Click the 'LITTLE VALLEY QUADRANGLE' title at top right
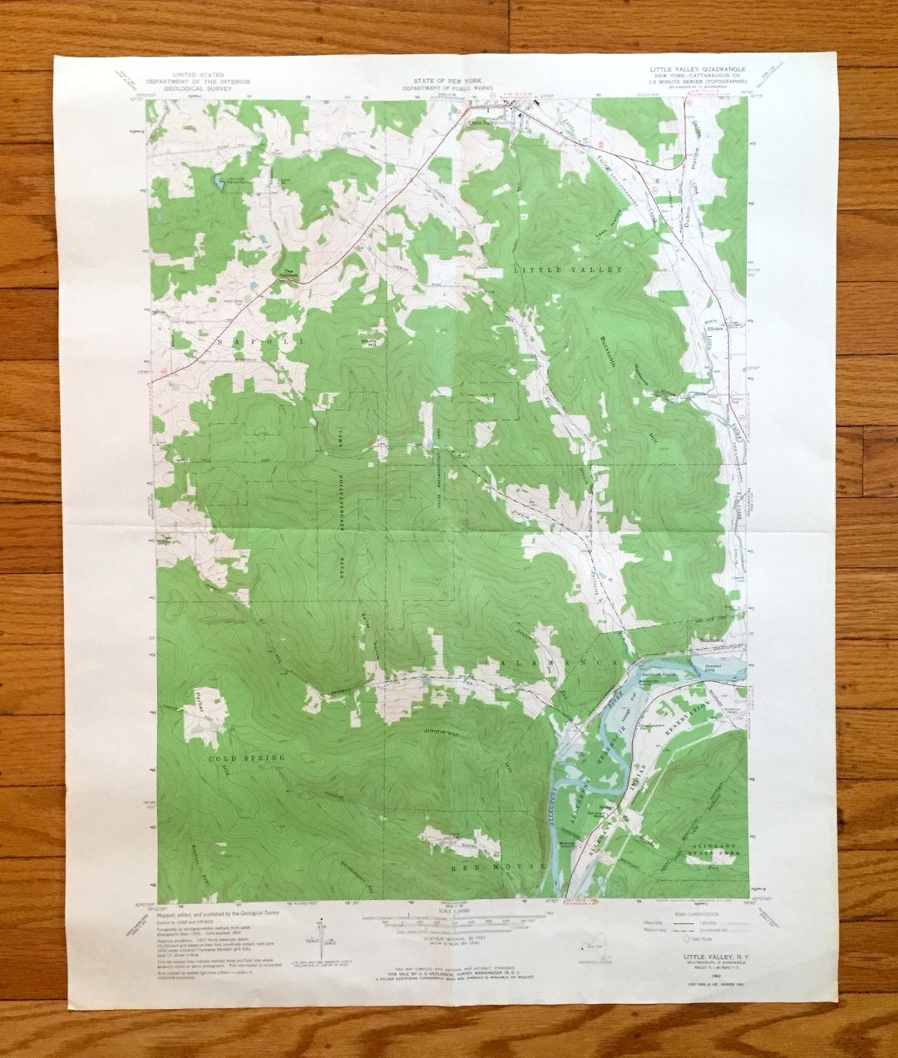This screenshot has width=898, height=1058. click(x=697, y=69)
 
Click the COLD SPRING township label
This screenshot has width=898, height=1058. click(x=247, y=758)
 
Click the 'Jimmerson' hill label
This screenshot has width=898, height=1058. click(x=442, y=733)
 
